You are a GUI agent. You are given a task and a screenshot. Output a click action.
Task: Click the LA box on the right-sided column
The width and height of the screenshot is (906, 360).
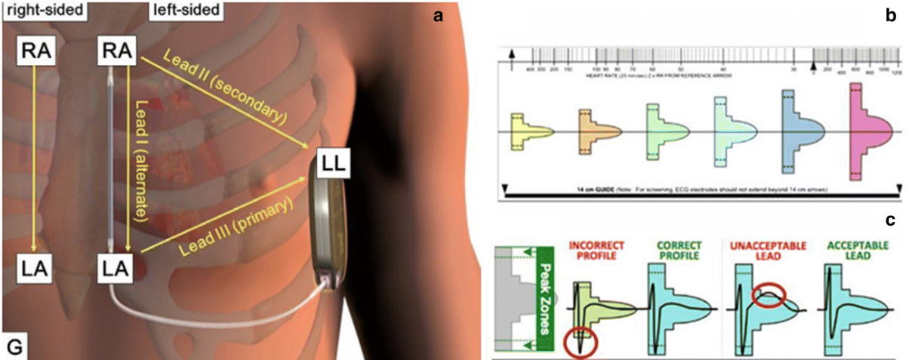[x=35, y=266]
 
